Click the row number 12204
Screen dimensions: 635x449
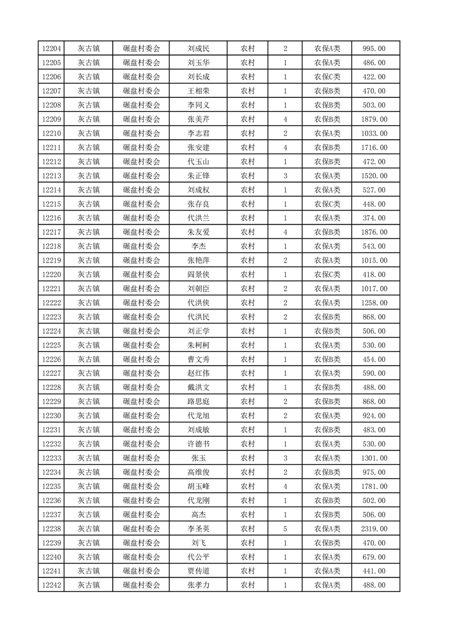coord(52,49)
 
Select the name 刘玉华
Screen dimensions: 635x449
coord(198,63)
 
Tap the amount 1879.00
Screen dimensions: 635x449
coord(374,119)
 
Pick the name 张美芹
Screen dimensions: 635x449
coord(198,119)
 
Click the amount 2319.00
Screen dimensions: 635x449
coord(374,529)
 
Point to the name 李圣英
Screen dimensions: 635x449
coord(198,529)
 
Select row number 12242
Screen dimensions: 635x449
coord(52,585)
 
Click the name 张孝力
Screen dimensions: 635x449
coord(198,585)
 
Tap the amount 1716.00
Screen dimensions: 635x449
coord(374,148)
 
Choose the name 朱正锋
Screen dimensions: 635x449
coord(198,176)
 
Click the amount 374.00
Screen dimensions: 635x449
coord(374,218)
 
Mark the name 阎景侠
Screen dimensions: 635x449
coord(198,274)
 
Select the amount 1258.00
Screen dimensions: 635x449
coord(374,303)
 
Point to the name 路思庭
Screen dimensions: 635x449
coord(198,402)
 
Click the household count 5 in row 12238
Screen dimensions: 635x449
coord(285,529)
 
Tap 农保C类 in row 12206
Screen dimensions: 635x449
coord(327,77)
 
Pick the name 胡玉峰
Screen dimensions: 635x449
coord(198,486)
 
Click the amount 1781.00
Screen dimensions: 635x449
coord(374,486)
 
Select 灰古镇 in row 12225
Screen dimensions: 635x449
coord(88,345)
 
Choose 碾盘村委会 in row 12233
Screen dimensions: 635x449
coord(142,458)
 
